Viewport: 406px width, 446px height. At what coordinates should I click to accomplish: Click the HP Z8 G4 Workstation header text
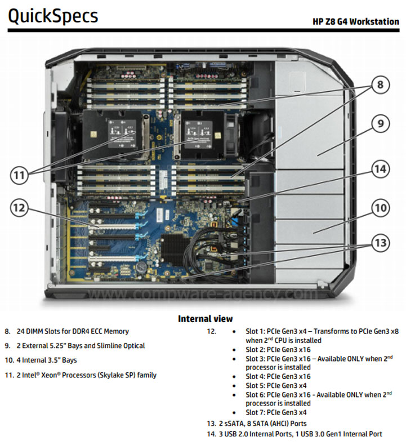[356, 22]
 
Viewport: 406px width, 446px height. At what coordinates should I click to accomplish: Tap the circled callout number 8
[380, 85]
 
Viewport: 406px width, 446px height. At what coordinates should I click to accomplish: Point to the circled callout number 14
[381, 168]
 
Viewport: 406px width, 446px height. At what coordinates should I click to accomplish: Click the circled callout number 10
[381, 208]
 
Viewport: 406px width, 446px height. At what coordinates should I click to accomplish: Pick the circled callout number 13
[381, 243]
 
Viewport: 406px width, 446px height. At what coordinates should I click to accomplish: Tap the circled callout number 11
[20, 175]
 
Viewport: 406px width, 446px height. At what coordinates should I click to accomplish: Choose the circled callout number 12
[20, 208]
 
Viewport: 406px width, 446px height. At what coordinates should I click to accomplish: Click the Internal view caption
[205, 319]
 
